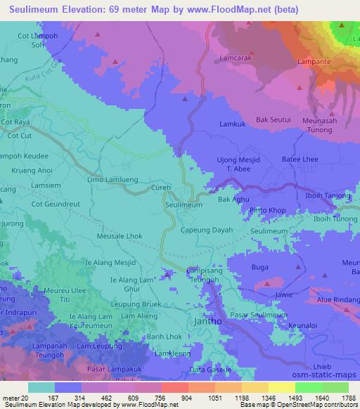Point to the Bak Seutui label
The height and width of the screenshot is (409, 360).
[274, 119]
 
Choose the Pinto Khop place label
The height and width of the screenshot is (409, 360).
[267, 210]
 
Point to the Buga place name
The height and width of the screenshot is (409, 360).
[260, 268]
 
